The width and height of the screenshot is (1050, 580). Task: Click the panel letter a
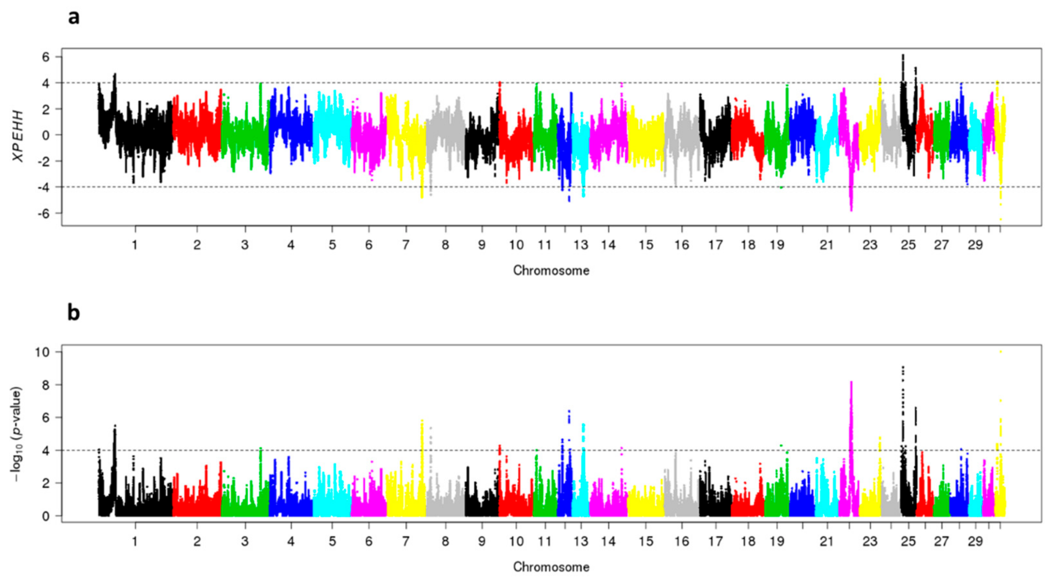coord(73,17)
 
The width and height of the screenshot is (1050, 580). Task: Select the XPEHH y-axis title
coord(18,136)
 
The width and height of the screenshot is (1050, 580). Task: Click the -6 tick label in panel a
coord(42,213)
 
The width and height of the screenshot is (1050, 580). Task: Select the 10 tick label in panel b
coord(42,352)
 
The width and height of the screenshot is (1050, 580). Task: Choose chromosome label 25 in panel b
coord(908,542)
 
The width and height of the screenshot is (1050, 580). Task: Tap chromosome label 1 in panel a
coord(135,245)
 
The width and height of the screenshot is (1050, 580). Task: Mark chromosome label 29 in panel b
coord(976,542)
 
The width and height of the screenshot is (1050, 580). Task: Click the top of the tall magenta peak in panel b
coord(851,382)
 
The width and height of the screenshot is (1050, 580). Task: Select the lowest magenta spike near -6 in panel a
coord(851,210)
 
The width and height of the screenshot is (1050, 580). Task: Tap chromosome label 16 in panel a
coord(682,245)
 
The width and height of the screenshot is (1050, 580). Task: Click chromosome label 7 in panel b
coord(406,542)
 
